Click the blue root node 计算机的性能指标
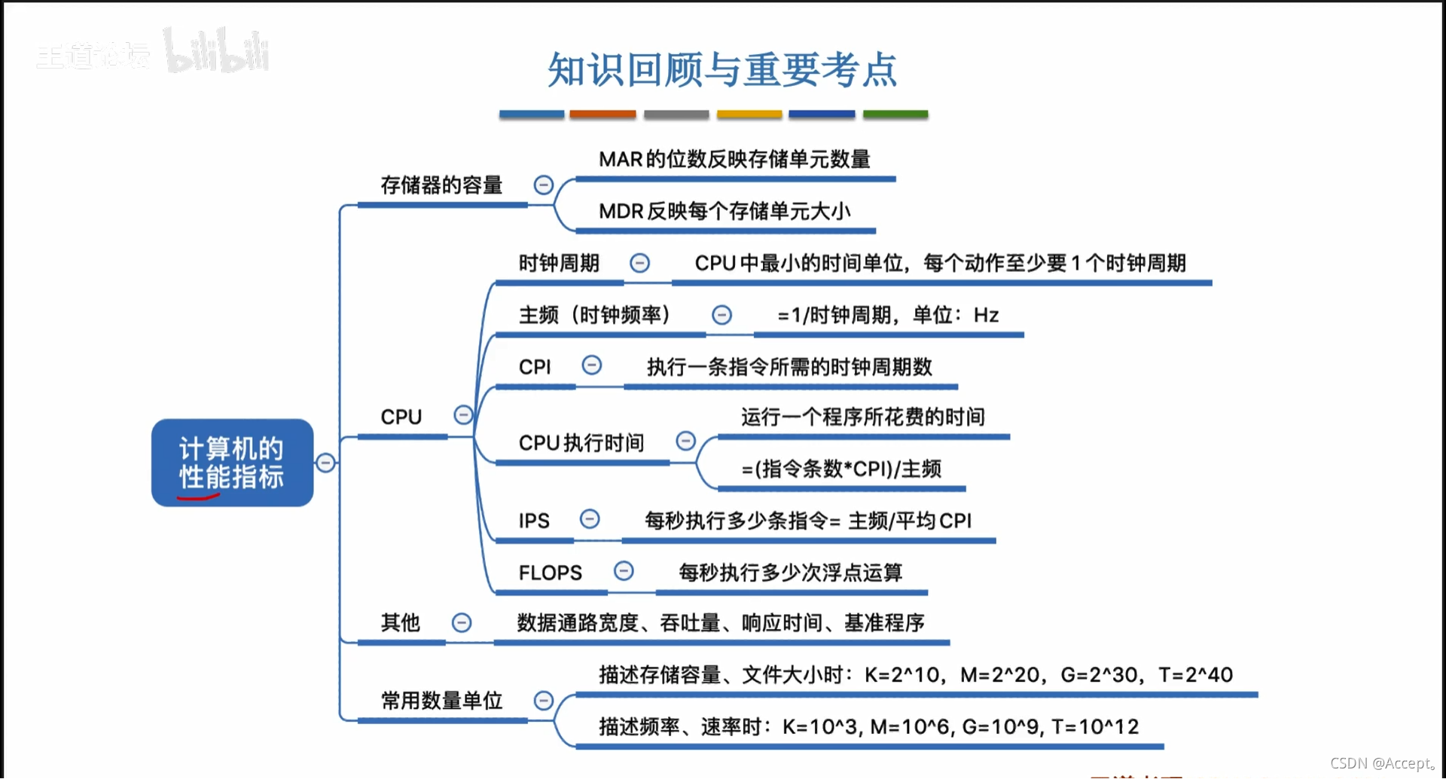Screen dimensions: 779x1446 pyautogui.click(x=232, y=463)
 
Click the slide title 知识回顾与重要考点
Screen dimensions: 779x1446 pyautogui.click(x=721, y=70)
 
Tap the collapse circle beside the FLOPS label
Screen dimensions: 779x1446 pyautogui.click(x=624, y=571)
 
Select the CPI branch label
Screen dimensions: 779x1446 pyautogui.click(x=535, y=367)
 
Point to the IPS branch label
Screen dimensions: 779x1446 pyautogui.click(x=534, y=521)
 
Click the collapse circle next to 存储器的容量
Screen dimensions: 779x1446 pyautogui.click(x=544, y=185)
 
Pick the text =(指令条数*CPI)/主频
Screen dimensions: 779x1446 pyautogui.click(x=841, y=469)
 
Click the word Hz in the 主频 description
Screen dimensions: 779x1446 pyautogui.click(x=986, y=315)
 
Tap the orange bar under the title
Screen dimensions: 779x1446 pyautogui.click(x=602, y=115)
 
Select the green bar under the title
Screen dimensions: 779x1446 pyautogui.click(x=895, y=115)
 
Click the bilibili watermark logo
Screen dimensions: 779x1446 pyautogui.click(x=217, y=53)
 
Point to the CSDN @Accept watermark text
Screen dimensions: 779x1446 pyautogui.click(x=1382, y=763)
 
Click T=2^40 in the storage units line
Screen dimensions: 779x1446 pyautogui.click(x=1195, y=675)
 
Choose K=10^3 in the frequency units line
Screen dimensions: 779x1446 pyautogui.click(x=819, y=727)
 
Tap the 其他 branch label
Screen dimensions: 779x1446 pyautogui.click(x=400, y=622)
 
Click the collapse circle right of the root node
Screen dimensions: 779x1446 pyautogui.click(x=325, y=463)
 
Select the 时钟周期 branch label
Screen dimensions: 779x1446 pyautogui.click(x=559, y=263)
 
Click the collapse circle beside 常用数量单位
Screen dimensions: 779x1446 pyautogui.click(x=544, y=701)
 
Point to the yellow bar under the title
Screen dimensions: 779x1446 pyautogui.click(x=749, y=115)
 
